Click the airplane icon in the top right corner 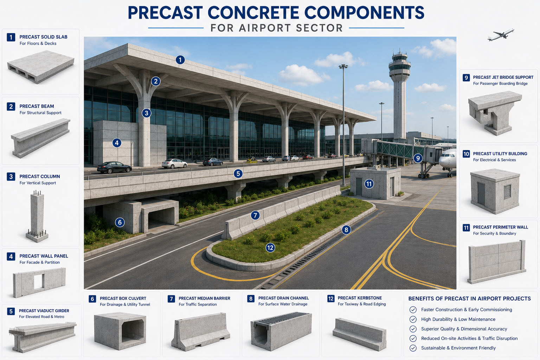pos(501,35)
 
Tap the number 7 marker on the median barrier pos(255,215)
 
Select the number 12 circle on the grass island pos(270,247)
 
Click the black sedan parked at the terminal pos(114,167)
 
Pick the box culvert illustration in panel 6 pos(120,331)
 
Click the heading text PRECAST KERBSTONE pos(360,298)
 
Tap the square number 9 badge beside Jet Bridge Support pos(466,78)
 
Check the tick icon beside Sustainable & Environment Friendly pos(413,348)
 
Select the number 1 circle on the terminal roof pos(180,60)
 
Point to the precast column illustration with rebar pos(37,216)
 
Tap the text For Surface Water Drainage pos(283,304)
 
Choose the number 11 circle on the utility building pos(369,184)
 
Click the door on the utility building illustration pos(481,194)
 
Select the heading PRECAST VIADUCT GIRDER pos(44,311)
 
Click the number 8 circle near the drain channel pos(346,230)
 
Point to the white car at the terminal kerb pos(174,163)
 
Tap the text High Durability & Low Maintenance pos(458,319)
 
